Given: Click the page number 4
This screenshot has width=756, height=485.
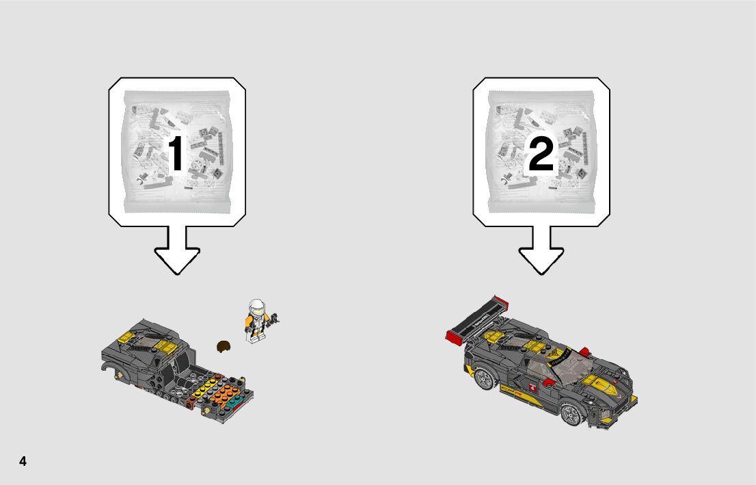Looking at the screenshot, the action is (x=23, y=461).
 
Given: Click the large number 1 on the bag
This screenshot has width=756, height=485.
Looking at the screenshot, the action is (x=176, y=153).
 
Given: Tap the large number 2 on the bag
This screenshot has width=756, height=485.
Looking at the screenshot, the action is (x=541, y=153).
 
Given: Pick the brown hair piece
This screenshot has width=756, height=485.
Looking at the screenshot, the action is (x=224, y=346).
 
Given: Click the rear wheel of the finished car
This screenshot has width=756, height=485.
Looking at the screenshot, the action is (x=484, y=378).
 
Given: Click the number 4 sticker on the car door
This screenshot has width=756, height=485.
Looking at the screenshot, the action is (x=532, y=387).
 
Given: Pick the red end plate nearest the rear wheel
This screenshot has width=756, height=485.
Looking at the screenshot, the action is (x=454, y=337).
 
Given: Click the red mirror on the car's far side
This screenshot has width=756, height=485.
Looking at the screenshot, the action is (x=584, y=352).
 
